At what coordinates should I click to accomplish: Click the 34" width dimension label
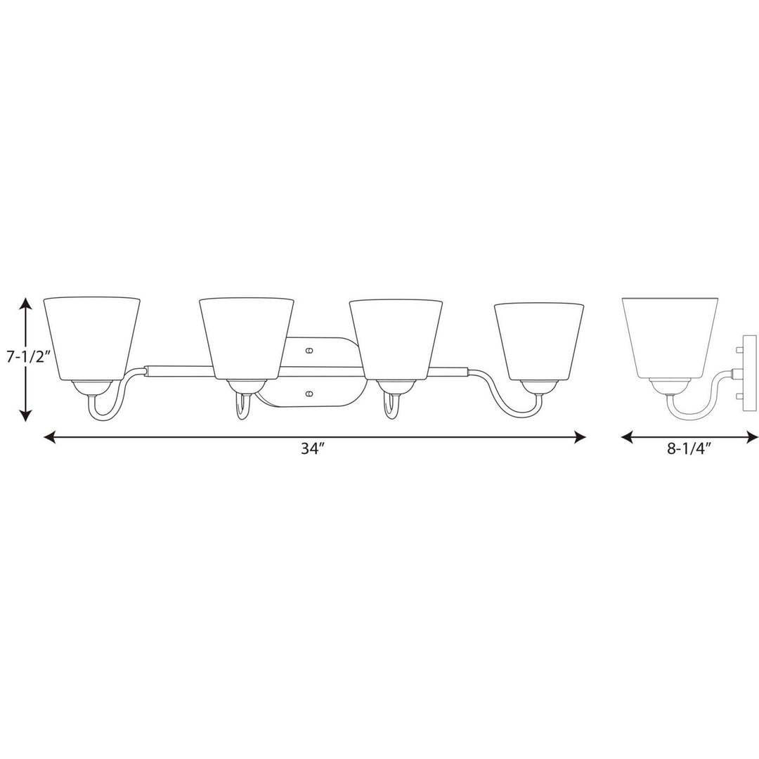coord(311,448)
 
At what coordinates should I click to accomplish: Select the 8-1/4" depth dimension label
coord(688,448)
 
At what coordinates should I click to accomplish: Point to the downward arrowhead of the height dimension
coord(26,415)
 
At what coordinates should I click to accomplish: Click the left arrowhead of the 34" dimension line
coord(50,438)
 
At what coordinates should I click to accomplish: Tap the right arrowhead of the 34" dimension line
coord(580,438)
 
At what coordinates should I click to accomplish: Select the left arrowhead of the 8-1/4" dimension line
coord(628,438)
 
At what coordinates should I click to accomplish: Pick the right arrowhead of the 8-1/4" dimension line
coord(752,438)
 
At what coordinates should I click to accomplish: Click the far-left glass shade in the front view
coord(91,338)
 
